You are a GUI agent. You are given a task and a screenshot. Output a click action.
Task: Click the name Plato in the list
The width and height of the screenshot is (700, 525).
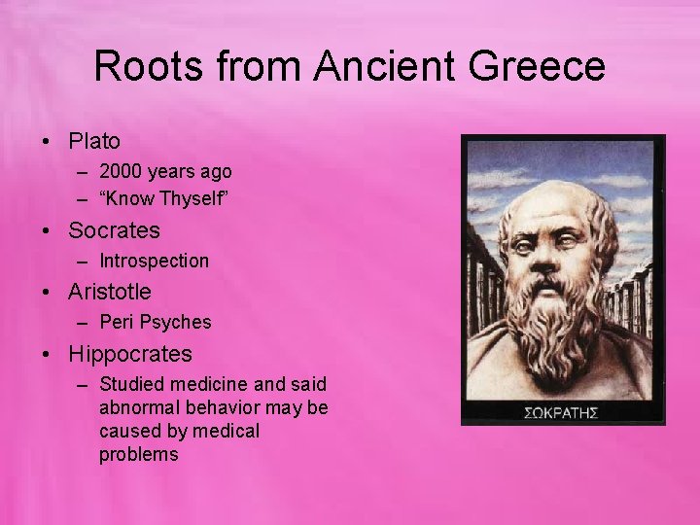pyautogui.click(x=94, y=141)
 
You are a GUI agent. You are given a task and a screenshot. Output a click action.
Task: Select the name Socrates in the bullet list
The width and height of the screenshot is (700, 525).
pyautogui.click(x=114, y=230)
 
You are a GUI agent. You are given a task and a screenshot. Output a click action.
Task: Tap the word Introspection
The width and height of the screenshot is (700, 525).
pyautogui.click(x=154, y=261)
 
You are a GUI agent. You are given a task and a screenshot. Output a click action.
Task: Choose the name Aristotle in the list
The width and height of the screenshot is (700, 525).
pyautogui.click(x=110, y=291)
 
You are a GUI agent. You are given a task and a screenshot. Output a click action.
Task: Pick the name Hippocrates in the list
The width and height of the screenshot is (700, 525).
pyautogui.click(x=130, y=354)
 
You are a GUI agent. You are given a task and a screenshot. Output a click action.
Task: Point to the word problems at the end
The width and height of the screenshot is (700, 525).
pyautogui.click(x=139, y=454)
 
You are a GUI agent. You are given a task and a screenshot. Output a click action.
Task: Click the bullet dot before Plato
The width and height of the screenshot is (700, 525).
pyautogui.click(x=47, y=142)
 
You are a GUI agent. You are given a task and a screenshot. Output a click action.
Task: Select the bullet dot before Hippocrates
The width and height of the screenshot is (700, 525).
pyautogui.click(x=47, y=355)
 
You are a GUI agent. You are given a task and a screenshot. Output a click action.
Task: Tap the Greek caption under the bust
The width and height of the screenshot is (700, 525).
pyautogui.click(x=561, y=410)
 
